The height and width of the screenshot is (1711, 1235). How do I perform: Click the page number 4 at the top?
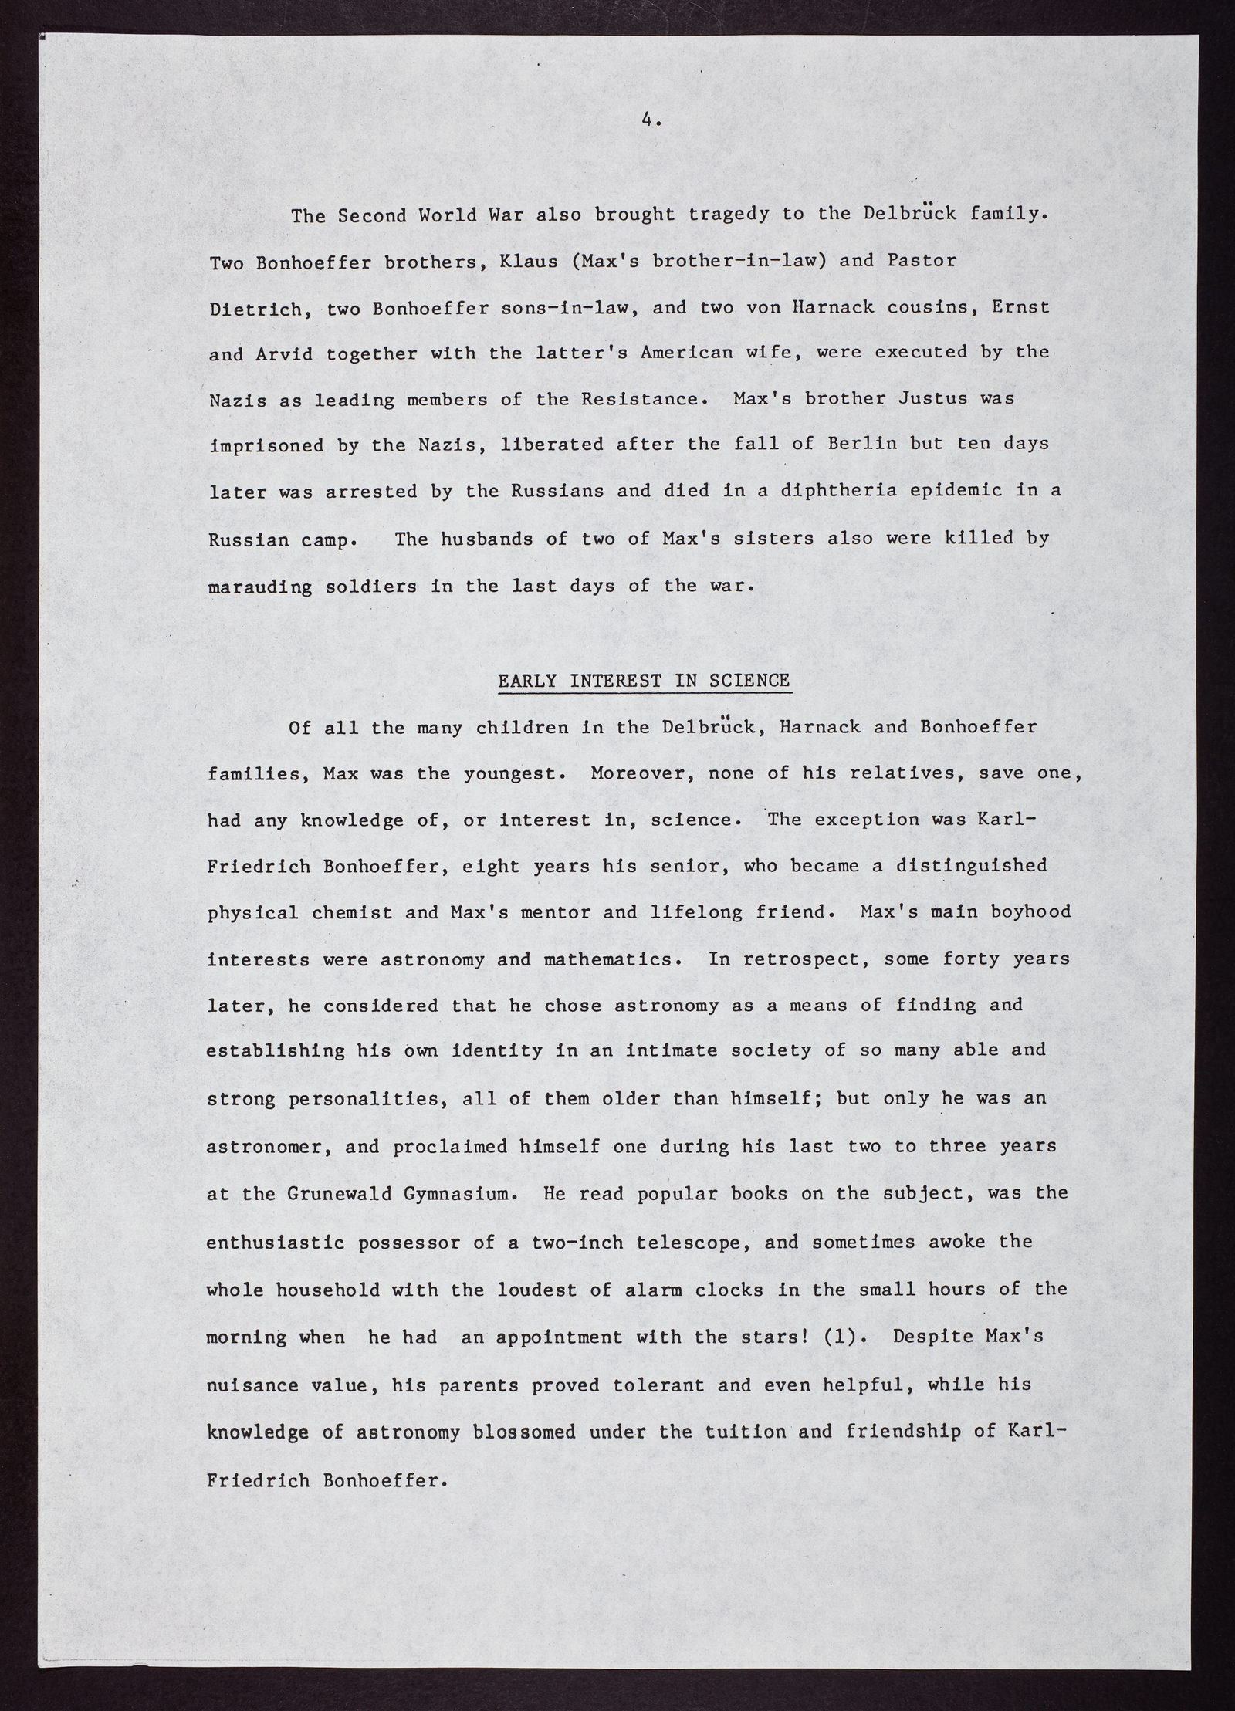647,120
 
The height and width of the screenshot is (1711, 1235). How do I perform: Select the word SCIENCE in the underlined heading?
749,681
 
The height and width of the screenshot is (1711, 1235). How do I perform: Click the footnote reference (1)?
840,1337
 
